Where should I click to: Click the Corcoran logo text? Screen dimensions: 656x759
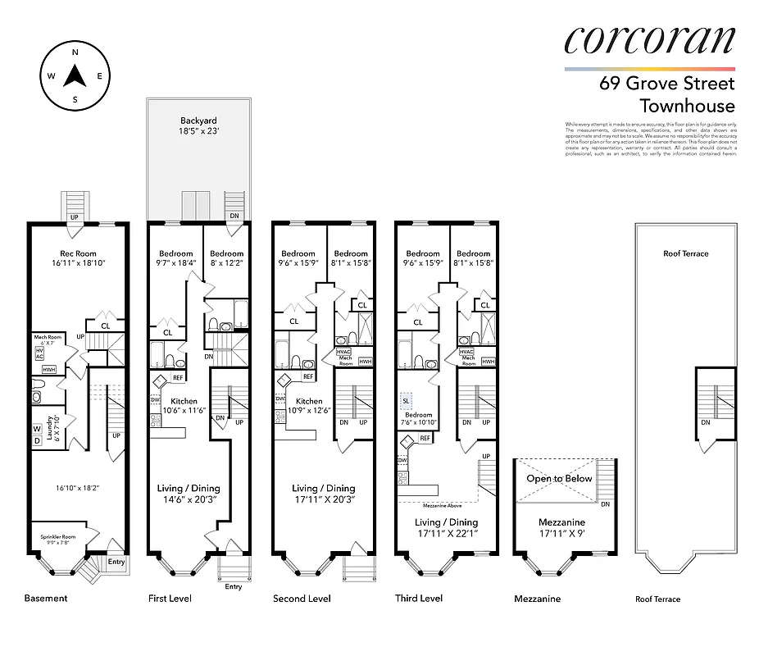pyautogui.click(x=649, y=41)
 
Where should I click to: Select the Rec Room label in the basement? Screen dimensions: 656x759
pyautogui.click(x=79, y=253)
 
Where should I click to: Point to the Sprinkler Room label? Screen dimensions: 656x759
pyautogui.click(x=57, y=537)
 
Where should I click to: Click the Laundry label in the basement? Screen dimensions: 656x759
pyautogui.click(x=50, y=427)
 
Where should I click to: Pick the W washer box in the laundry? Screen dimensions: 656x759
pyautogui.click(x=38, y=428)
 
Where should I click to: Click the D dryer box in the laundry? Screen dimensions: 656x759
pyautogui.click(x=38, y=440)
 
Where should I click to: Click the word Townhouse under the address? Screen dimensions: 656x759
pyautogui.click(x=687, y=106)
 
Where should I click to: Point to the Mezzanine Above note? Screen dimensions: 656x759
pyautogui.click(x=445, y=506)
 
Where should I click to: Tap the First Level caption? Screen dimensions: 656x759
pyautogui.click(x=170, y=599)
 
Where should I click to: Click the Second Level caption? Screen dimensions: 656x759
pyautogui.click(x=302, y=599)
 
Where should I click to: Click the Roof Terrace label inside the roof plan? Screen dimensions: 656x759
pyautogui.click(x=686, y=253)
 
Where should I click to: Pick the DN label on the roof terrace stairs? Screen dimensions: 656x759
pyautogui.click(x=706, y=422)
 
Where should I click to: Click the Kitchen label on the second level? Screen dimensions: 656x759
pyautogui.click(x=308, y=401)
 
